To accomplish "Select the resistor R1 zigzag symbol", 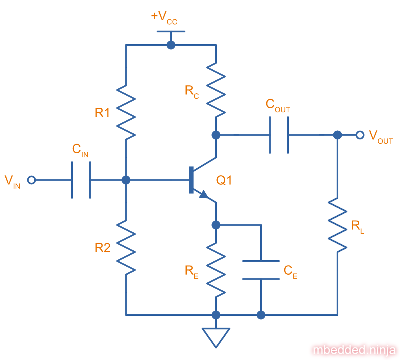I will pos(126,111).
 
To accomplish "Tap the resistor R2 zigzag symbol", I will pos(126,246).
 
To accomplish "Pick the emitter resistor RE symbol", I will pos(216,270).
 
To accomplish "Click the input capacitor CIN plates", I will pos(81,180).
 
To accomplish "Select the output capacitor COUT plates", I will pos(279,135).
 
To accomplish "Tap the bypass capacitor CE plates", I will pos(261,270).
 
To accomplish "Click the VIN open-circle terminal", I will pos(32,180).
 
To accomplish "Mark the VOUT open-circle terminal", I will pos(360,135).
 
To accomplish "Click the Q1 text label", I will pos(224,180).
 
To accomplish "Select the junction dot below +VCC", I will pos(171,45).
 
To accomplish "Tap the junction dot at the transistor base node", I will pos(126,180).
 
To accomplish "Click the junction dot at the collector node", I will pos(216,135).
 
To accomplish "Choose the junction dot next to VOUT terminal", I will pos(337,135).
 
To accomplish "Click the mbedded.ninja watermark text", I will pos(355,350).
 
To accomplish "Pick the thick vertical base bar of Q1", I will pos(191,180).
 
